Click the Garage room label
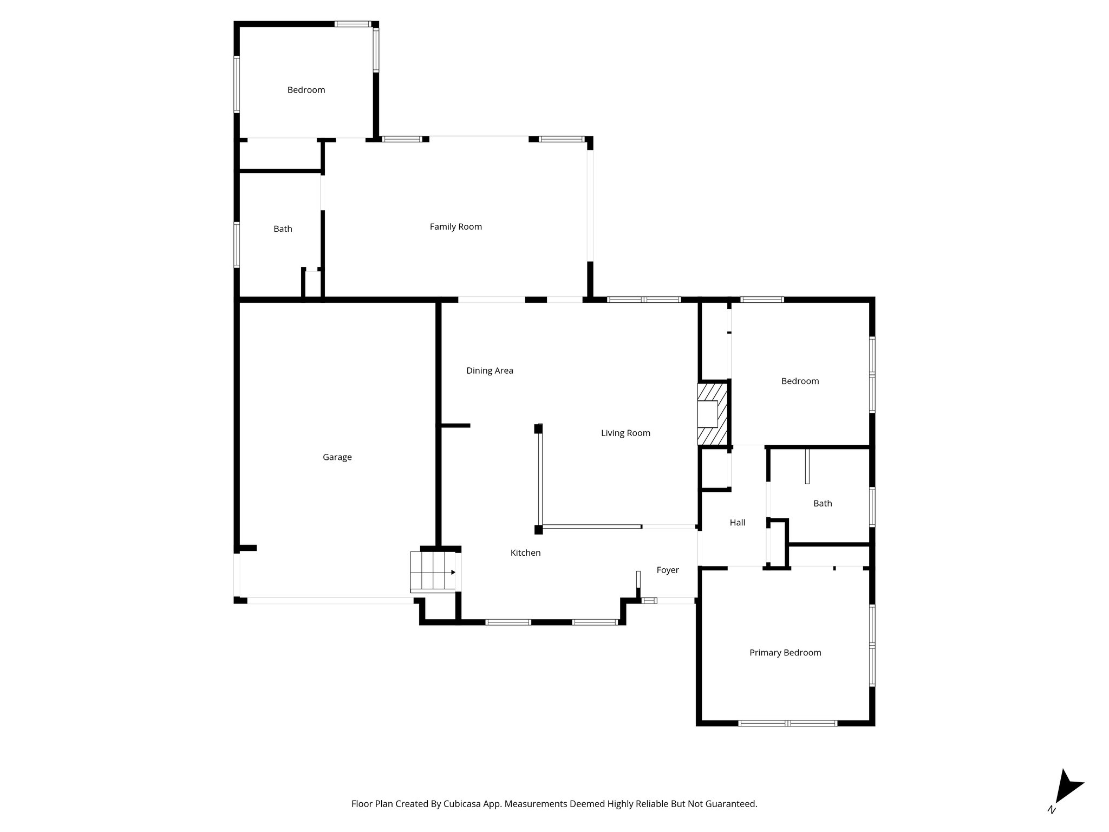coord(337,457)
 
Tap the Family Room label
coord(455,227)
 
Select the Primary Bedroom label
coord(785,653)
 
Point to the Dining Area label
coord(490,370)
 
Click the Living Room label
coord(625,433)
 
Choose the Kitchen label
coord(525,552)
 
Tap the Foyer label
coord(667,570)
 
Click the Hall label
coord(737,523)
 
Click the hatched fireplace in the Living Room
coord(712,414)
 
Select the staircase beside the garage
coord(432,571)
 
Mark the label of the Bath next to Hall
coord(822,503)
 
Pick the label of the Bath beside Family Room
coord(283,229)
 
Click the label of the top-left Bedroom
coord(306,90)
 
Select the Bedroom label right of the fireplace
coord(800,381)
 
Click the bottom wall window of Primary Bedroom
coord(788,723)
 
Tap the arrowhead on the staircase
coord(453,572)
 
